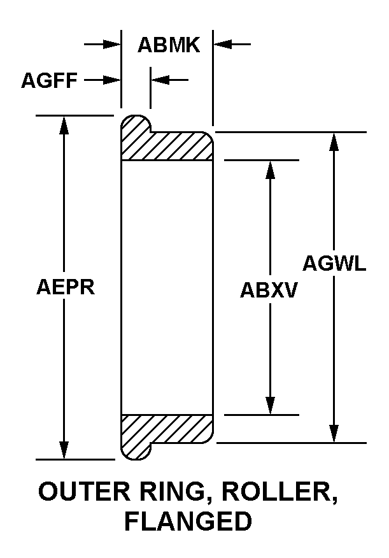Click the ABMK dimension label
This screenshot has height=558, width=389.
point(169,45)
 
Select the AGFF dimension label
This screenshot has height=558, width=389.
point(49,80)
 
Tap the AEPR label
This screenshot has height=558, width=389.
point(66,287)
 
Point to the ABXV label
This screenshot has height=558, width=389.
point(269,289)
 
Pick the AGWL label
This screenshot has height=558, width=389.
point(334,263)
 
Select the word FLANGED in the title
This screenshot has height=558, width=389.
point(188,521)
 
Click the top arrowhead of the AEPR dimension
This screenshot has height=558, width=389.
point(64,125)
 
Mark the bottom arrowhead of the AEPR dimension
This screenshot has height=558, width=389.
point(64,450)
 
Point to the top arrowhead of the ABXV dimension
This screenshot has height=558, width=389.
point(271,169)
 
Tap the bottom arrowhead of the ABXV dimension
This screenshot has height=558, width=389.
point(271,405)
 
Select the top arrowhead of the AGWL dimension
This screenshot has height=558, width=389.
point(334,141)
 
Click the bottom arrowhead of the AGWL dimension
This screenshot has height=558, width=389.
point(334,433)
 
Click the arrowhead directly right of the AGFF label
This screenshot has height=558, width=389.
point(111,80)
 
